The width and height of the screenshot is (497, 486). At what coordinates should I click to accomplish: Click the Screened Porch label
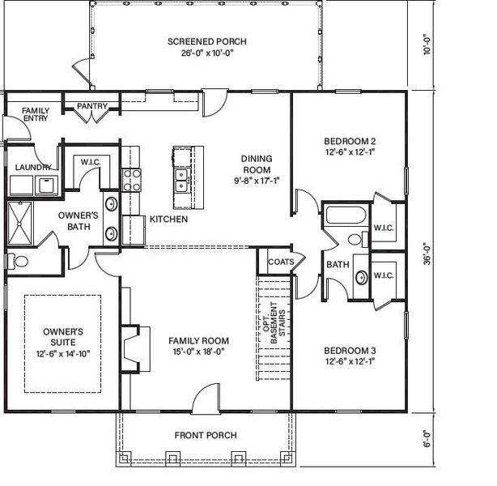[207, 41]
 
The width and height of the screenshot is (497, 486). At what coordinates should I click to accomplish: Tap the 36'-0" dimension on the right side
[427, 254]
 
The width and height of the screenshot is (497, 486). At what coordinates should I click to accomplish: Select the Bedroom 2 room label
[350, 141]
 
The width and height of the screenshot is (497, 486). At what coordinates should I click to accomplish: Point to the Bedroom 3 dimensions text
[350, 361]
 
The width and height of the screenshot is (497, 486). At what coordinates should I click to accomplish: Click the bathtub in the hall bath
[346, 215]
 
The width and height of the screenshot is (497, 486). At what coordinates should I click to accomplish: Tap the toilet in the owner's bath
[18, 262]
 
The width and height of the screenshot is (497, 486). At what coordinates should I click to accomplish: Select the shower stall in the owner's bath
[19, 224]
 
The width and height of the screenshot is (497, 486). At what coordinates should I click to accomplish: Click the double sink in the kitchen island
[181, 180]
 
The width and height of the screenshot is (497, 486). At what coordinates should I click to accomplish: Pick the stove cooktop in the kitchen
[132, 180]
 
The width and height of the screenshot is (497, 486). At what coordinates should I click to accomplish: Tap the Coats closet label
[281, 262]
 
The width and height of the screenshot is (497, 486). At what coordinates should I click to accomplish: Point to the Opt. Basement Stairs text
[274, 322]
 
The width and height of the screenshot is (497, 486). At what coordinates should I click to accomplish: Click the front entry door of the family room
[206, 399]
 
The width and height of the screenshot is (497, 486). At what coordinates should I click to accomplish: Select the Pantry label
[92, 106]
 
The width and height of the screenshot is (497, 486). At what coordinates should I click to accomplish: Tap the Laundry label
[33, 167]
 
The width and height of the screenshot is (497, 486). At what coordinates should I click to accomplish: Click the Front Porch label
[206, 435]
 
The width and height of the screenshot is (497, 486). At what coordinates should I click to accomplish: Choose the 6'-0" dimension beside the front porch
[427, 439]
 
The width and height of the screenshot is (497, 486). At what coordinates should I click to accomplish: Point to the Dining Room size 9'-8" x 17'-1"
[257, 181]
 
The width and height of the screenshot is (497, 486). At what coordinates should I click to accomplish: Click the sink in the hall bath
[361, 277]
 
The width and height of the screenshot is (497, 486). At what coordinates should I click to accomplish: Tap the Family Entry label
[36, 114]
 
